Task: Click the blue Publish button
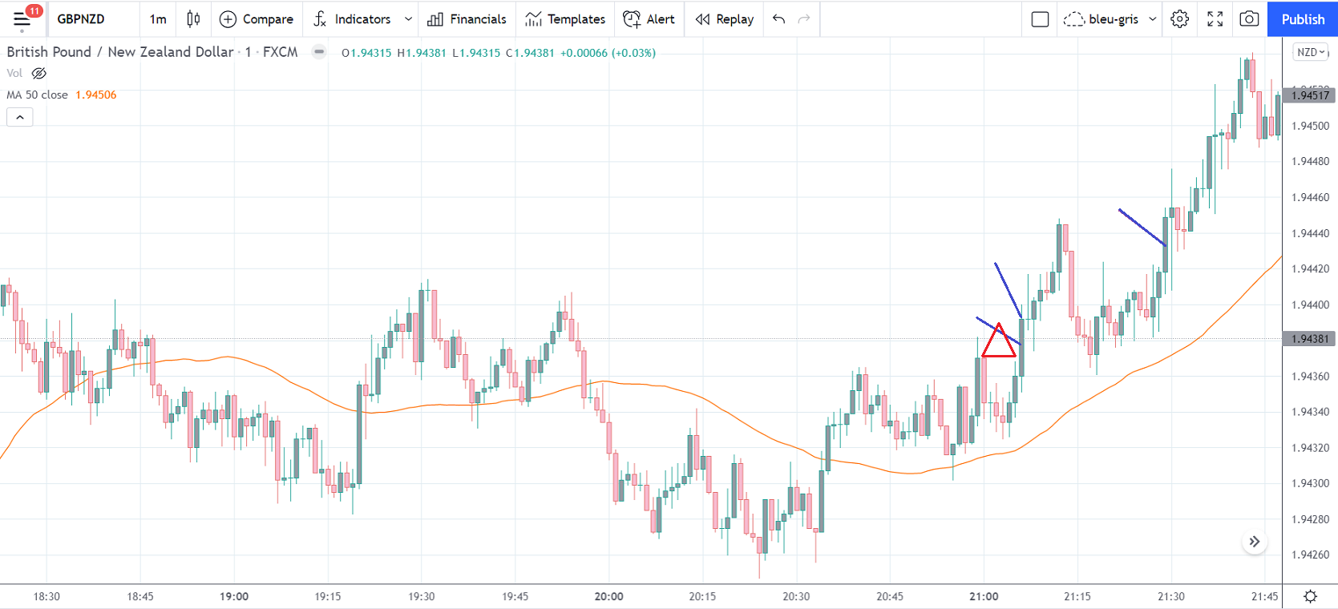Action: (x=1302, y=19)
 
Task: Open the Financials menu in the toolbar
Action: (x=467, y=19)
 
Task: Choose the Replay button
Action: (x=725, y=19)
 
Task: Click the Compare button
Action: (x=257, y=19)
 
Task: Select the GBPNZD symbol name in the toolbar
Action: (x=81, y=19)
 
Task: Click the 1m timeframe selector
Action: (x=158, y=19)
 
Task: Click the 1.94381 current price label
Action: (x=1309, y=339)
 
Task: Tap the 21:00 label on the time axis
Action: (x=984, y=596)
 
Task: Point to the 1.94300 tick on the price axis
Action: (x=1310, y=483)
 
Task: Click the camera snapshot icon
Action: (x=1249, y=19)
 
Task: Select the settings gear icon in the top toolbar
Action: (x=1179, y=19)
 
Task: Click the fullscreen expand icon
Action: (x=1215, y=19)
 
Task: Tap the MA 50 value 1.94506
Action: (x=96, y=95)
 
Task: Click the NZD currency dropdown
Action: (x=1311, y=52)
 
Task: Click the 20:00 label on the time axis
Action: (x=608, y=596)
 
